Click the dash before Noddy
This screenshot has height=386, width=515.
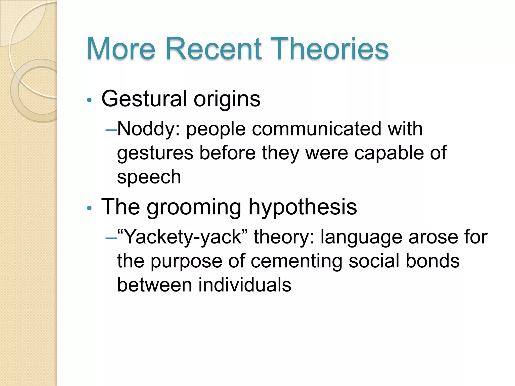click(x=111, y=130)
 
